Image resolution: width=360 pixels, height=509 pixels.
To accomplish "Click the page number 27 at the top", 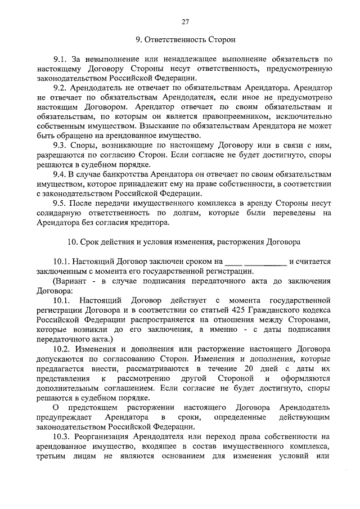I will coord(185,21).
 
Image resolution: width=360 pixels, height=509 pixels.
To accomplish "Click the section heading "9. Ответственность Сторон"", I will coord(185,40).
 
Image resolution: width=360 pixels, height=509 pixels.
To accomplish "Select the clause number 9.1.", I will coord(60,59).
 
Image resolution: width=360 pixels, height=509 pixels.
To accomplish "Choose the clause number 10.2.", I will coord(62,349).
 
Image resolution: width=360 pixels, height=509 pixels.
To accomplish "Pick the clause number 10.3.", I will coord(62,436).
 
